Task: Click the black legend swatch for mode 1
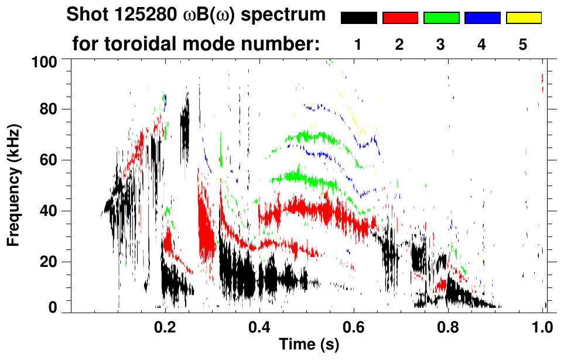(358, 18)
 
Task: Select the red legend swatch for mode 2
(400, 18)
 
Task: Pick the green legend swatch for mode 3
(441, 18)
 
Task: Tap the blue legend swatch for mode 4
(482, 18)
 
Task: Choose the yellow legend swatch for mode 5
(523, 18)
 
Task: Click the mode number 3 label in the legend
(440, 45)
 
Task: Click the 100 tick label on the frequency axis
(45, 61)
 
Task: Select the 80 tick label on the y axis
(49, 109)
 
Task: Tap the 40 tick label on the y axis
(49, 211)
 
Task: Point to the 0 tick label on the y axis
(52, 307)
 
